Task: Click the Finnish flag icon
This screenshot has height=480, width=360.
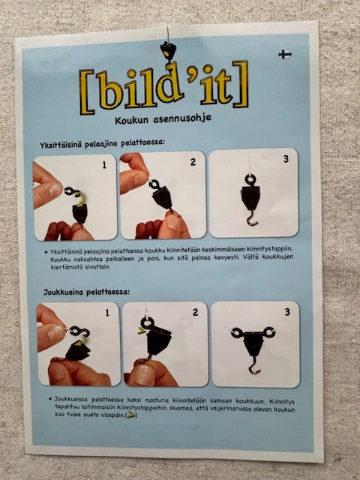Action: click(x=285, y=54)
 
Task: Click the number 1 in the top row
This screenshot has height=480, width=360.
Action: click(x=104, y=163)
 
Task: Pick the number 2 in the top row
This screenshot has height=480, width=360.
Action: click(x=193, y=162)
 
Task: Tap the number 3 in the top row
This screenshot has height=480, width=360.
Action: click(x=285, y=160)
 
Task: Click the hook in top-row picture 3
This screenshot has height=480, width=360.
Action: click(x=253, y=220)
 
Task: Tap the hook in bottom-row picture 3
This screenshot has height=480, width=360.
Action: click(x=255, y=367)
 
